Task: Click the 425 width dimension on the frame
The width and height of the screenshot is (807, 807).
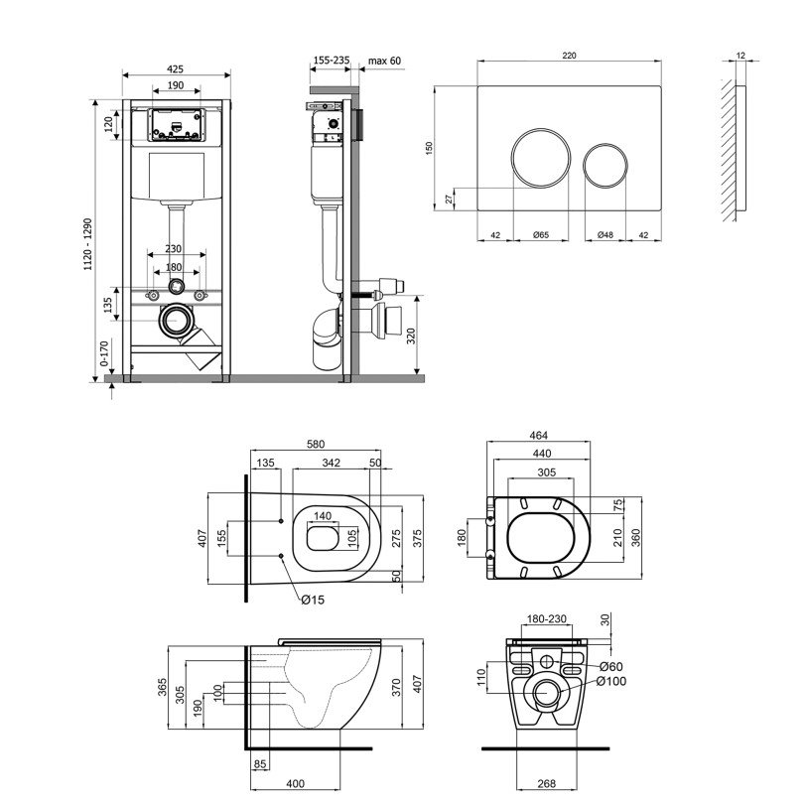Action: tap(176, 68)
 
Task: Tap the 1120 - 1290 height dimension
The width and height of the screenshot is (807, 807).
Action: tap(88, 244)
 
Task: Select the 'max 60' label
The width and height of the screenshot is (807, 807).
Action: tap(384, 61)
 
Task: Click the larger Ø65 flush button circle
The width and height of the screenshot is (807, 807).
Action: tap(541, 159)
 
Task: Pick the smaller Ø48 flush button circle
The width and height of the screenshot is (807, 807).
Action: tap(605, 166)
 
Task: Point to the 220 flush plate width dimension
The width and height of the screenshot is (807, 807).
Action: tap(569, 56)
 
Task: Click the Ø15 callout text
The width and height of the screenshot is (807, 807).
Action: tap(313, 600)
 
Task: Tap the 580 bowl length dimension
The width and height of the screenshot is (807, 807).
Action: tap(316, 444)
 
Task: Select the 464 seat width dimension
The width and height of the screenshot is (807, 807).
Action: tap(538, 436)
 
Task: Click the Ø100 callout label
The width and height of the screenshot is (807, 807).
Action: tap(611, 681)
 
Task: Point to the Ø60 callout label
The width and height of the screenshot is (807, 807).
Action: tap(611, 667)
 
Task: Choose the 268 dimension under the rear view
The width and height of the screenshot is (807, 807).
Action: tap(547, 784)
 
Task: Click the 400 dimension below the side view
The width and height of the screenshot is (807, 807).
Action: tap(296, 784)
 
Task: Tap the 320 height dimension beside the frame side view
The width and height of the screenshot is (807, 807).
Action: tap(411, 336)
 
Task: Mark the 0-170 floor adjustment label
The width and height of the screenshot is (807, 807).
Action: tap(104, 353)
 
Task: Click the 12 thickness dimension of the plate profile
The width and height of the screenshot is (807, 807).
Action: tap(740, 55)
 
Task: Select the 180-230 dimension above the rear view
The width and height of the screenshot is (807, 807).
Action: tap(547, 619)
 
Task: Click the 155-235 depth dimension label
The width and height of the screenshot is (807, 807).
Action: tap(332, 61)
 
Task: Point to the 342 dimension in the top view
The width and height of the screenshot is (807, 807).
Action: tap(331, 463)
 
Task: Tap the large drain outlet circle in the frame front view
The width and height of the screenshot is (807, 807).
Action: tap(177, 321)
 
